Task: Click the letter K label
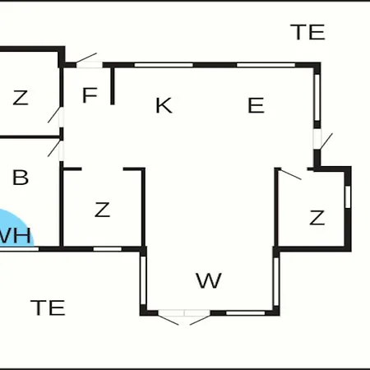click(164, 105)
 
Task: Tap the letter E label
click(256, 105)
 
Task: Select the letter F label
click(90, 95)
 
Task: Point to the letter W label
click(209, 280)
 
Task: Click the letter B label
click(21, 178)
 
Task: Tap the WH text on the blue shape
click(15, 235)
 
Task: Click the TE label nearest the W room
click(48, 308)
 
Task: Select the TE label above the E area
click(308, 32)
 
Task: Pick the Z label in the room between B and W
click(102, 210)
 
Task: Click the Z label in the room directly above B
click(21, 98)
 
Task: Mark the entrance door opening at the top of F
click(90, 65)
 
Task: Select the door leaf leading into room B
click(54, 149)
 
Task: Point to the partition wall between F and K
click(112, 86)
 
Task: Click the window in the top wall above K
click(164, 65)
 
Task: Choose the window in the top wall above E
click(266, 65)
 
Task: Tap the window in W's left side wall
click(143, 280)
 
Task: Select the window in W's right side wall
click(276, 281)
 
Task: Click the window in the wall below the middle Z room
click(108, 249)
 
